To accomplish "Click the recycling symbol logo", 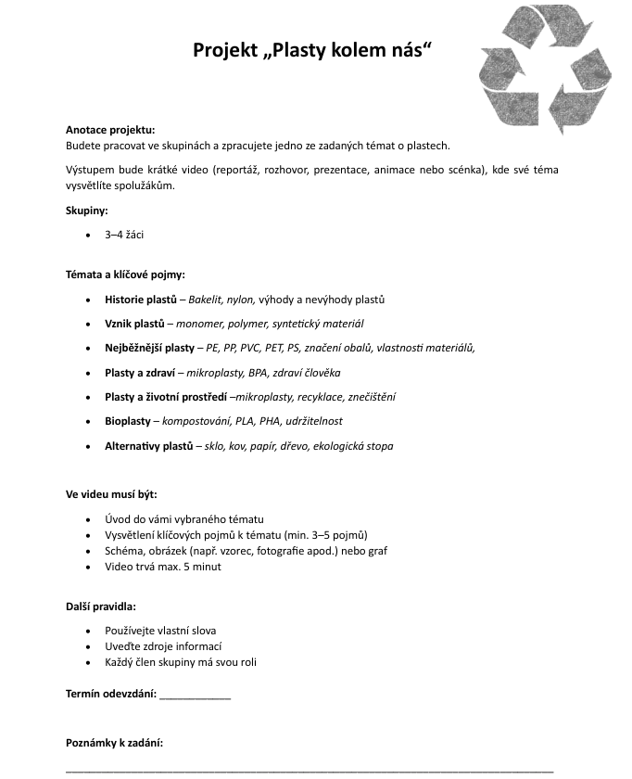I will [545, 70].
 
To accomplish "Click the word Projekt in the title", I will [223, 51].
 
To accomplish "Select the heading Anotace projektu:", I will [110, 130].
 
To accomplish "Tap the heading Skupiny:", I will [87, 211].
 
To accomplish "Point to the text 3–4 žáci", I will [124, 236].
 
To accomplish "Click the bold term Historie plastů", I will [141, 300].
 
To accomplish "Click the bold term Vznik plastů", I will [134, 324].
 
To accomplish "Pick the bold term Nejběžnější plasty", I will [150, 348].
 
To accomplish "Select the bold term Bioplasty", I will [128, 421].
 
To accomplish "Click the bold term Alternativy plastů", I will [148, 446].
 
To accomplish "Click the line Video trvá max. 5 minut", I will [163, 567].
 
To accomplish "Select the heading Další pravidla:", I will [101, 607].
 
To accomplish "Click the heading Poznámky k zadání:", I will [115, 743].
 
